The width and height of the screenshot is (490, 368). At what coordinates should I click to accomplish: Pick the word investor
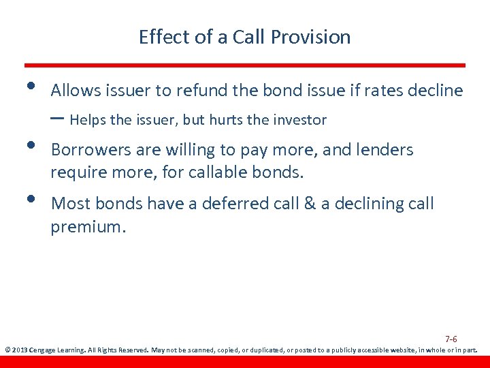coord(300,121)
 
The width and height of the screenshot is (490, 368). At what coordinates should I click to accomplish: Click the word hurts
coord(228,121)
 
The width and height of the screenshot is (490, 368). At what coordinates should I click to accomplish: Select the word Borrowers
coord(89,150)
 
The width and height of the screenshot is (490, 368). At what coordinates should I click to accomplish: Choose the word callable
coord(218,173)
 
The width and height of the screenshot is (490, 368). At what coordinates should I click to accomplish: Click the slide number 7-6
coord(451,339)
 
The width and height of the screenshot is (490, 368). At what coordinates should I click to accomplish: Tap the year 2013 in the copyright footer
coord(18,350)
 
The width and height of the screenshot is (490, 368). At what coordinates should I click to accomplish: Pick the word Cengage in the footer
coord(43,350)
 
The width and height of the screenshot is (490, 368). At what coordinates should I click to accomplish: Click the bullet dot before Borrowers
coord(29,144)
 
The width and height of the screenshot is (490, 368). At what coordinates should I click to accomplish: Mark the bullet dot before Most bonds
coord(29,198)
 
